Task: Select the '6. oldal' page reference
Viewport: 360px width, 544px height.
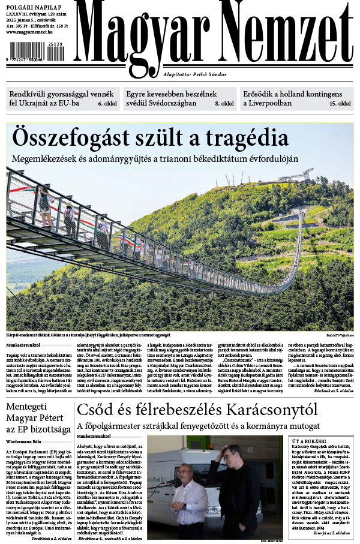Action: [107, 104]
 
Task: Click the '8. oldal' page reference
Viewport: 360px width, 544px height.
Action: [224, 104]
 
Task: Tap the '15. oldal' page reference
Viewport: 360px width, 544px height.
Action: [340, 104]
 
